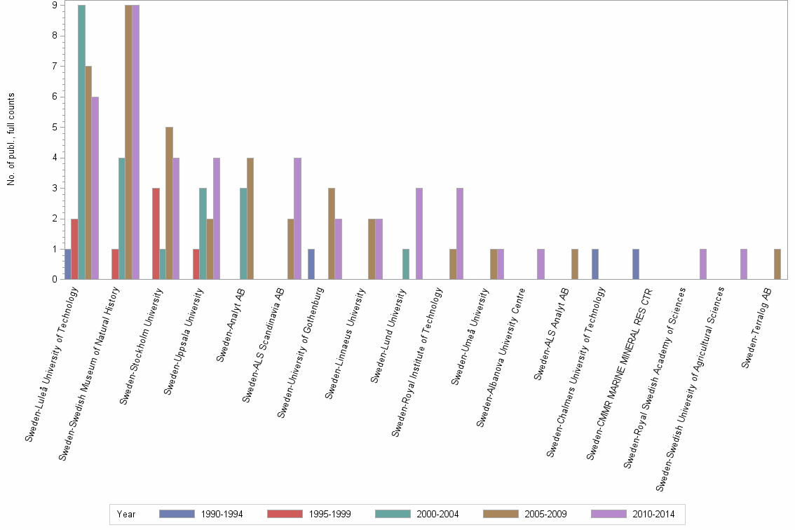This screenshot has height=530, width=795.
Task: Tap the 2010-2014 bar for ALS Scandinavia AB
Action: point(297,218)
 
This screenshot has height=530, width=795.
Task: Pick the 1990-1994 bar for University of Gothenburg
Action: point(311,264)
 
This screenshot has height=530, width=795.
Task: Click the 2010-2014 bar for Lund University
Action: point(419,233)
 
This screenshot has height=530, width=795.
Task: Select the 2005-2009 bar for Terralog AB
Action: point(777,264)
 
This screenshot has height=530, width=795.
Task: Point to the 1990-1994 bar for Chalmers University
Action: point(594,264)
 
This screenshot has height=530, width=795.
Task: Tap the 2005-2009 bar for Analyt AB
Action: point(250,218)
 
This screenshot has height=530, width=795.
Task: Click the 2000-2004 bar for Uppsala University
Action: point(203,233)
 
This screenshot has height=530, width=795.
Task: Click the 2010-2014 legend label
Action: point(653,514)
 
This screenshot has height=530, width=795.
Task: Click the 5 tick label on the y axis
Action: point(55,127)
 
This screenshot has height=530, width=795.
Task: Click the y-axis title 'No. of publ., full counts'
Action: point(11,140)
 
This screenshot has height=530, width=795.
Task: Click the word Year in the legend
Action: point(126,514)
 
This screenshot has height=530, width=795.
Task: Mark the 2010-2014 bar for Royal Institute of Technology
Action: point(459,233)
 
